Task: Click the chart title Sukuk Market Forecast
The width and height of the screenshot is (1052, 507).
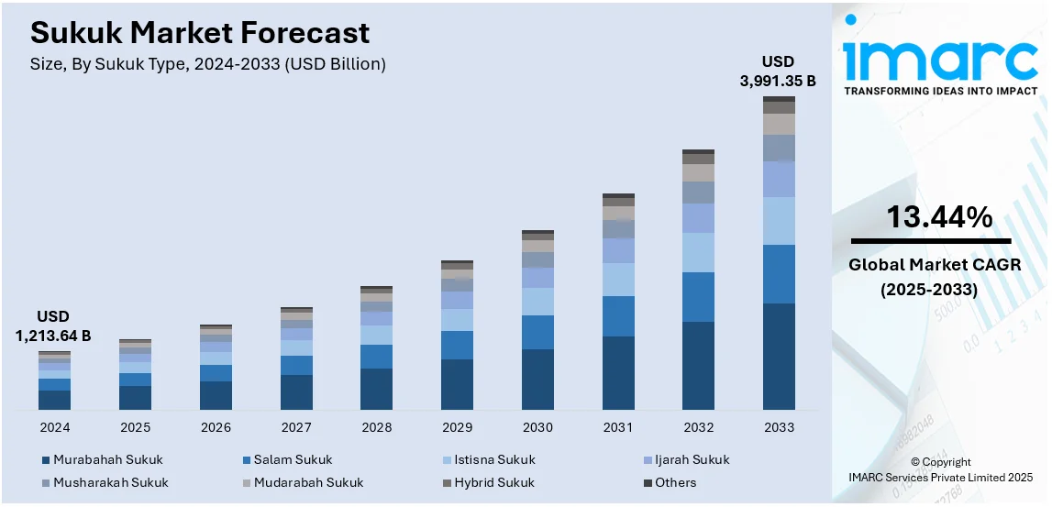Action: tap(200, 33)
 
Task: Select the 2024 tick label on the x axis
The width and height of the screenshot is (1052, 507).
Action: tap(54, 427)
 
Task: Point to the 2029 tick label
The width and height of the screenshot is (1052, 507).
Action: tap(457, 427)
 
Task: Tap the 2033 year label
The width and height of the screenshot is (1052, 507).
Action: tap(779, 427)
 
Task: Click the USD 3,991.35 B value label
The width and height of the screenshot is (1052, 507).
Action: tap(778, 72)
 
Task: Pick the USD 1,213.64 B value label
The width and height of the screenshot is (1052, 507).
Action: tap(53, 326)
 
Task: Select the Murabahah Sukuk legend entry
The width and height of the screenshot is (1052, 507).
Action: tap(102, 459)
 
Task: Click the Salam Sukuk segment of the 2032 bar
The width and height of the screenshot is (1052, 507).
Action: tap(698, 296)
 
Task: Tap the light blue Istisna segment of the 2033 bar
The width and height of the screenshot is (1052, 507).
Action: tap(779, 220)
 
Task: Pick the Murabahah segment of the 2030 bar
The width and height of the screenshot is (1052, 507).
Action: tap(537, 379)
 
